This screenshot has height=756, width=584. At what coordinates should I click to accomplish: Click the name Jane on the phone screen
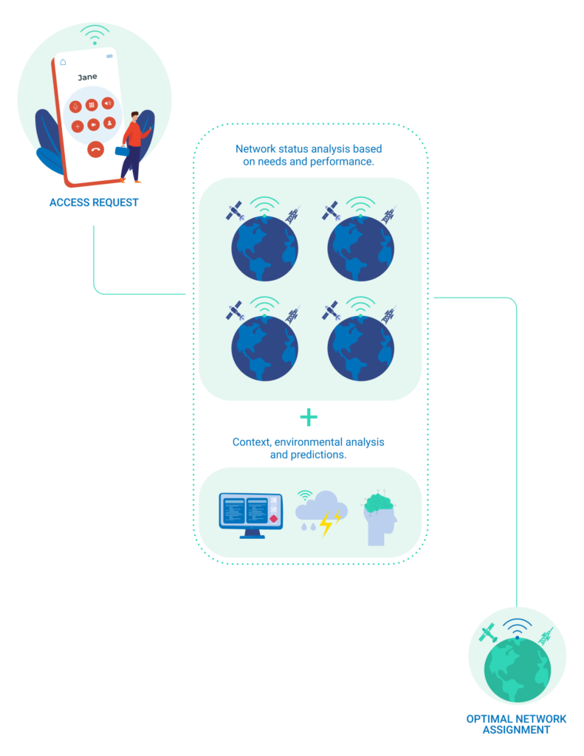coord(87,77)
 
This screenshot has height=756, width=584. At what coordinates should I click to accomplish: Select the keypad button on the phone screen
coord(92,105)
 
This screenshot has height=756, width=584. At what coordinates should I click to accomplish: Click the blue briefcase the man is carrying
coord(121,151)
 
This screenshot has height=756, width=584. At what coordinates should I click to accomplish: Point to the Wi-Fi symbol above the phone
coord(95,35)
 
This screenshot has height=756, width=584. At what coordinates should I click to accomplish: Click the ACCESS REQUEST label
coord(94,202)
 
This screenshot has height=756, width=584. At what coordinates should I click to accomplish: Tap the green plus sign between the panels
coord(309,418)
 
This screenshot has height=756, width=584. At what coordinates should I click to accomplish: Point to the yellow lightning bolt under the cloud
coord(327,523)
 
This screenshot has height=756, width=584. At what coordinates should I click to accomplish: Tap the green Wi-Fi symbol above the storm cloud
coord(304,496)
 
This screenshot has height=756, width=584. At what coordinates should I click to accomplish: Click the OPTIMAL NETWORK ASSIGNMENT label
coord(516,724)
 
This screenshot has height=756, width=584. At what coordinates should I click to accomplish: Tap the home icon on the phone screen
coord(63,62)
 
